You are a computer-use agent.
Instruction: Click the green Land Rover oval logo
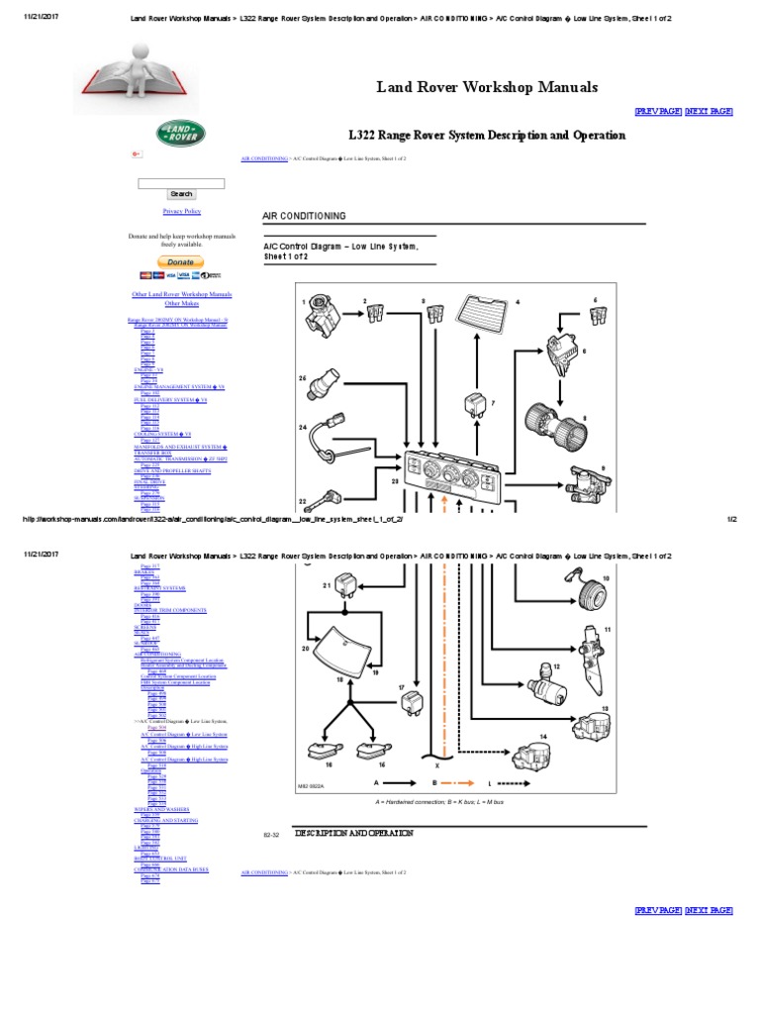click(181, 134)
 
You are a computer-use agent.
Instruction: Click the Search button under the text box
click(181, 194)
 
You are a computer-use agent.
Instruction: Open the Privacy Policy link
click(181, 211)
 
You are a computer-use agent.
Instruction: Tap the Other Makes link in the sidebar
click(181, 303)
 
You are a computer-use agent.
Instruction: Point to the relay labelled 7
click(474, 405)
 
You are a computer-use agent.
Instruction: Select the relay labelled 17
click(412, 703)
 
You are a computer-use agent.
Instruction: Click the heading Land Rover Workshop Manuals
click(487, 87)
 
